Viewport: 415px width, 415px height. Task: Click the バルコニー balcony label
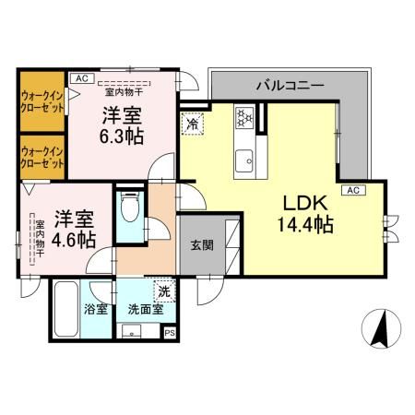coord(290,85)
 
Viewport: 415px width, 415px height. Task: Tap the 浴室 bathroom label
coord(96,309)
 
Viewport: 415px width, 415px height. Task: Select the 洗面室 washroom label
coord(145,309)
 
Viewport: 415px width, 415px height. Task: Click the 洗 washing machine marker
coord(163,290)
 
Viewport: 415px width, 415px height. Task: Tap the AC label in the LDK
coord(351,190)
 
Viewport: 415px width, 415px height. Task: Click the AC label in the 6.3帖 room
coord(80,78)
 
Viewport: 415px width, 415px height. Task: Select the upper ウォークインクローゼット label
coord(42,101)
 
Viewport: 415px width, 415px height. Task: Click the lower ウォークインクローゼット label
coord(42,157)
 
